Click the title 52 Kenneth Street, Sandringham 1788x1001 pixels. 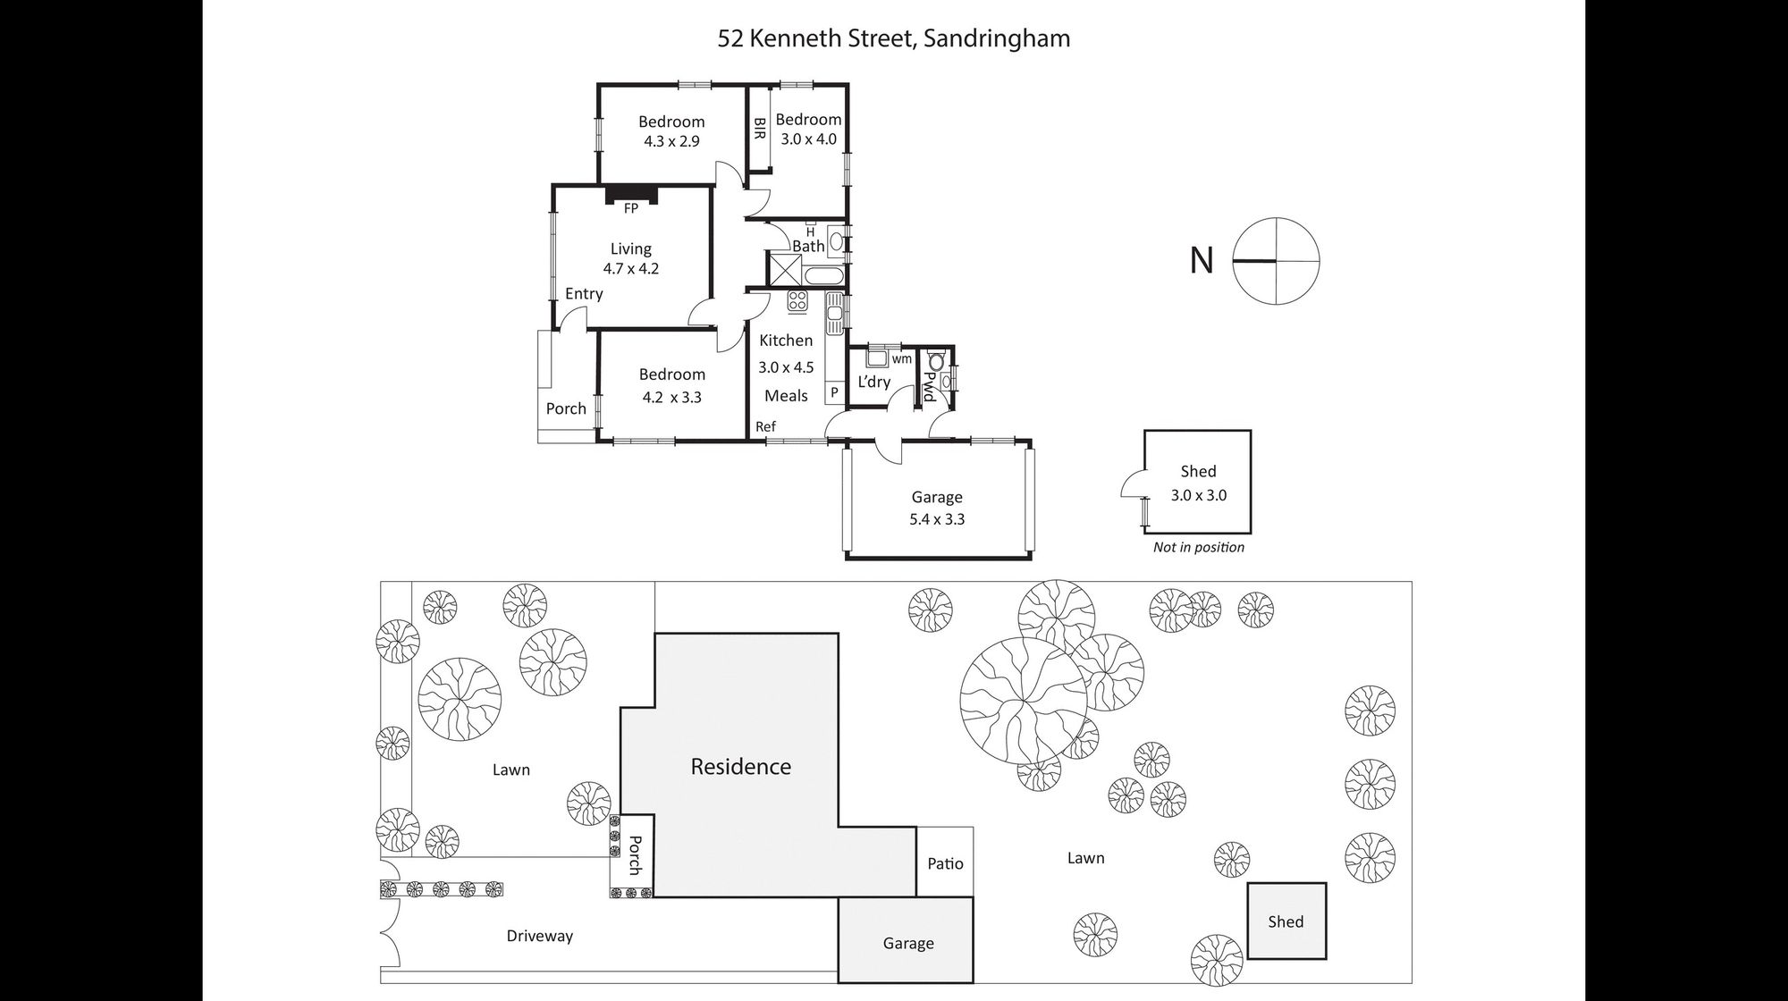(894, 38)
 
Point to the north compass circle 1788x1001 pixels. (1277, 261)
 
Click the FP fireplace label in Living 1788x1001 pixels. (631, 208)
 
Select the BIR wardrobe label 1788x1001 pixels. (760, 129)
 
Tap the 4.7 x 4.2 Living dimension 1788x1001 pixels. (631, 268)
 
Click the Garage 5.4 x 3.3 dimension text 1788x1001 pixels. (937, 519)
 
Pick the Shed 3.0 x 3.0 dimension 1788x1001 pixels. (1199, 494)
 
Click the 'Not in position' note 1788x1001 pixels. (1198, 547)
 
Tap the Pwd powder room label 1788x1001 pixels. (929, 386)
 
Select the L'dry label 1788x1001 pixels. (873, 382)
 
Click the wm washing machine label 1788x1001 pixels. (901, 359)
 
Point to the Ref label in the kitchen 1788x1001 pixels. (765, 427)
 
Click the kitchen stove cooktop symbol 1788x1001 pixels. (797, 301)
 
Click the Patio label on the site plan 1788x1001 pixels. (945, 863)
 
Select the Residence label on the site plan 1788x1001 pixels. (741, 767)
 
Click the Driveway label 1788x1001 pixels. (539, 936)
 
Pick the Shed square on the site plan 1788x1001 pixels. (1286, 921)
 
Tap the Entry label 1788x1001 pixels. (584, 294)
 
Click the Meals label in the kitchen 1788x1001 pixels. (786, 396)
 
